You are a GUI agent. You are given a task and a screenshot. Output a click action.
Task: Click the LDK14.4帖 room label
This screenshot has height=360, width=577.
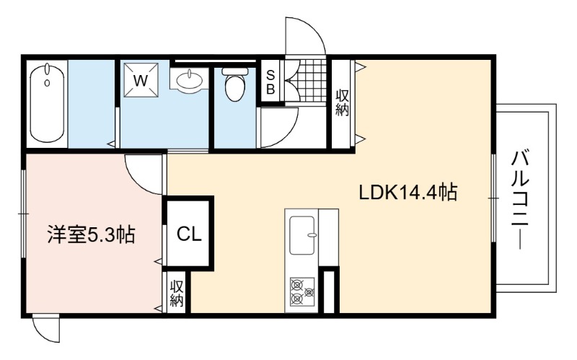tap(408, 193)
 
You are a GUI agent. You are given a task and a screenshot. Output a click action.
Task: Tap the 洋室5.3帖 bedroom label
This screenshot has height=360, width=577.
tap(91, 235)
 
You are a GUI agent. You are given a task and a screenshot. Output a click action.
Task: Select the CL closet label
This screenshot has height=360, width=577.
tap(189, 234)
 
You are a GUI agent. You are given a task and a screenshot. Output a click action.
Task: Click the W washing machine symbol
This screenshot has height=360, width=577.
tap(141, 80)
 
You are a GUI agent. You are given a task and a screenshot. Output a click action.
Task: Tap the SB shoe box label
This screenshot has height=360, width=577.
tap(270, 82)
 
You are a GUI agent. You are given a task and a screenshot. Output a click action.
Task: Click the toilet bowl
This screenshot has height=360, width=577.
tap(235, 84)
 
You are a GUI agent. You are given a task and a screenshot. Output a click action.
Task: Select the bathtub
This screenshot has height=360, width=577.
tap(47, 102)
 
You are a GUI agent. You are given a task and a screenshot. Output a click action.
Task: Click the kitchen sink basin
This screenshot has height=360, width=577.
tap(301, 236)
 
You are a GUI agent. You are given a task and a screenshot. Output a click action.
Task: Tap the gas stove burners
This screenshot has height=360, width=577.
tap(302, 291)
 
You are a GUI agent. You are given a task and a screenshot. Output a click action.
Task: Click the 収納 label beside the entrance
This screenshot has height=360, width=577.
tap(342, 103)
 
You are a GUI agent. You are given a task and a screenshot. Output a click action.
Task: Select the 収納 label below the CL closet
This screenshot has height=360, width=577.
tap(177, 294)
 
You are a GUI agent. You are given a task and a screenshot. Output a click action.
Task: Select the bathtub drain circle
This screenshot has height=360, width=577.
tap(47, 83)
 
